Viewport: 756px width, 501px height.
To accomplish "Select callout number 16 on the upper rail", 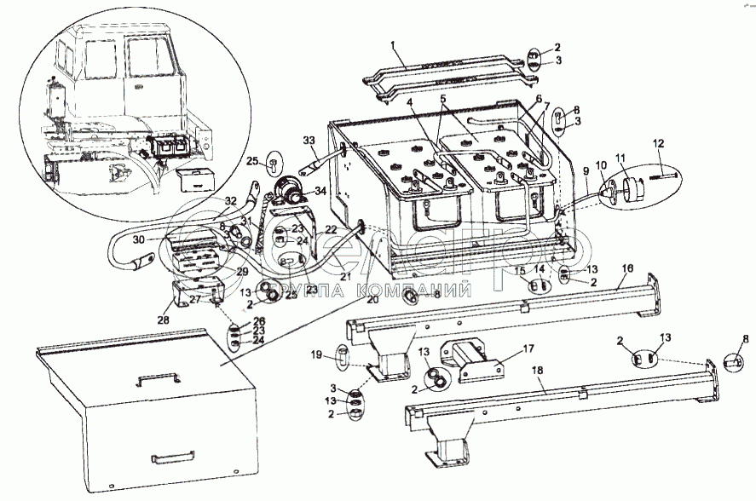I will click(626, 268).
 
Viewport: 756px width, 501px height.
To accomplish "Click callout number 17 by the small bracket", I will click(529, 348).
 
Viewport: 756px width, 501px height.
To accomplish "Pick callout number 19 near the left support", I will click(316, 354).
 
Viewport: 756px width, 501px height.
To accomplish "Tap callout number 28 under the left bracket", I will click(164, 320).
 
